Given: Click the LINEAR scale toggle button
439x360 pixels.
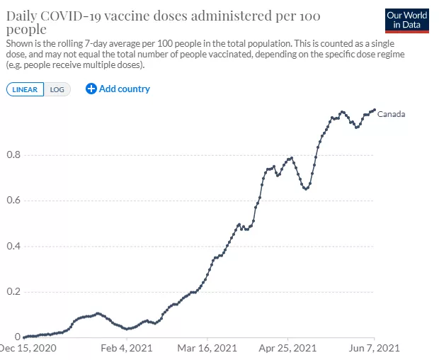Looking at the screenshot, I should [x=25, y=89].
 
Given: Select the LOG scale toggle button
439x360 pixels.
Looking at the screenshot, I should [x=57, y=89].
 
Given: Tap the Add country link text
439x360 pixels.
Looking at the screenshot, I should [x=124, y=89].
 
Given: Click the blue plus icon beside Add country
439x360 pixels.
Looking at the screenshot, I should [x=91, y=89].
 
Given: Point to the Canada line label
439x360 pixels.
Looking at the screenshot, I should [x=391, y=113].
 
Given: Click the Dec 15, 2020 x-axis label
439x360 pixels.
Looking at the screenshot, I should [x=27, y=348].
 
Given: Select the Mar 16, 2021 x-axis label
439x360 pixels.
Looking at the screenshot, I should [x=207, y=348].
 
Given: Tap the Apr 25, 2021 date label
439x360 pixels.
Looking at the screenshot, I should [x=287, y=348].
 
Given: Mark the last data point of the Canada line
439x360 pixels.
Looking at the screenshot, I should [x=374, y=110].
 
